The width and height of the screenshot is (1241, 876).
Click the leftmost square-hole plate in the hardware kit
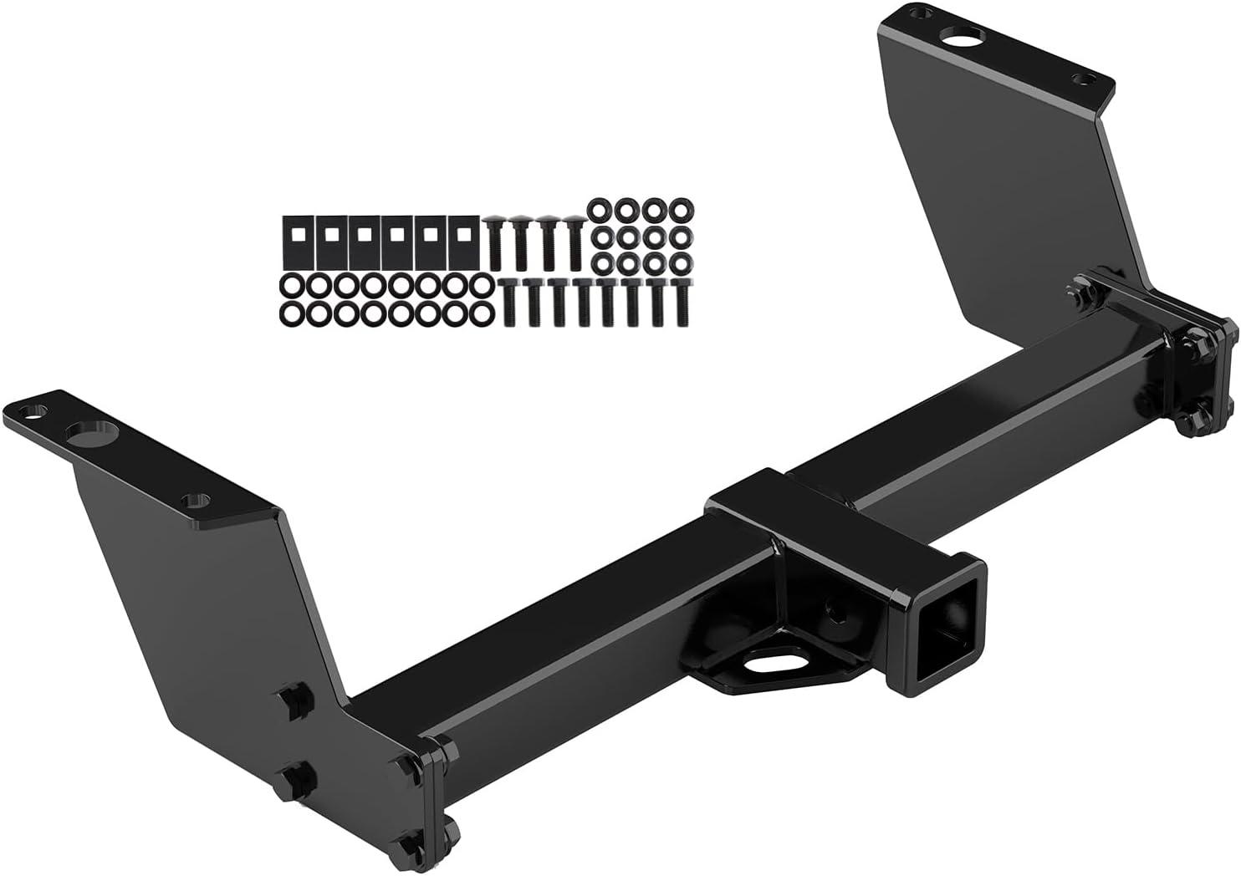(x=295, y=242)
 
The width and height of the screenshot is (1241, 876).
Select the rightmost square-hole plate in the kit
(x=459, y=242)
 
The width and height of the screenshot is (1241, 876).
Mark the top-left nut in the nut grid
(x=600, y=210)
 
